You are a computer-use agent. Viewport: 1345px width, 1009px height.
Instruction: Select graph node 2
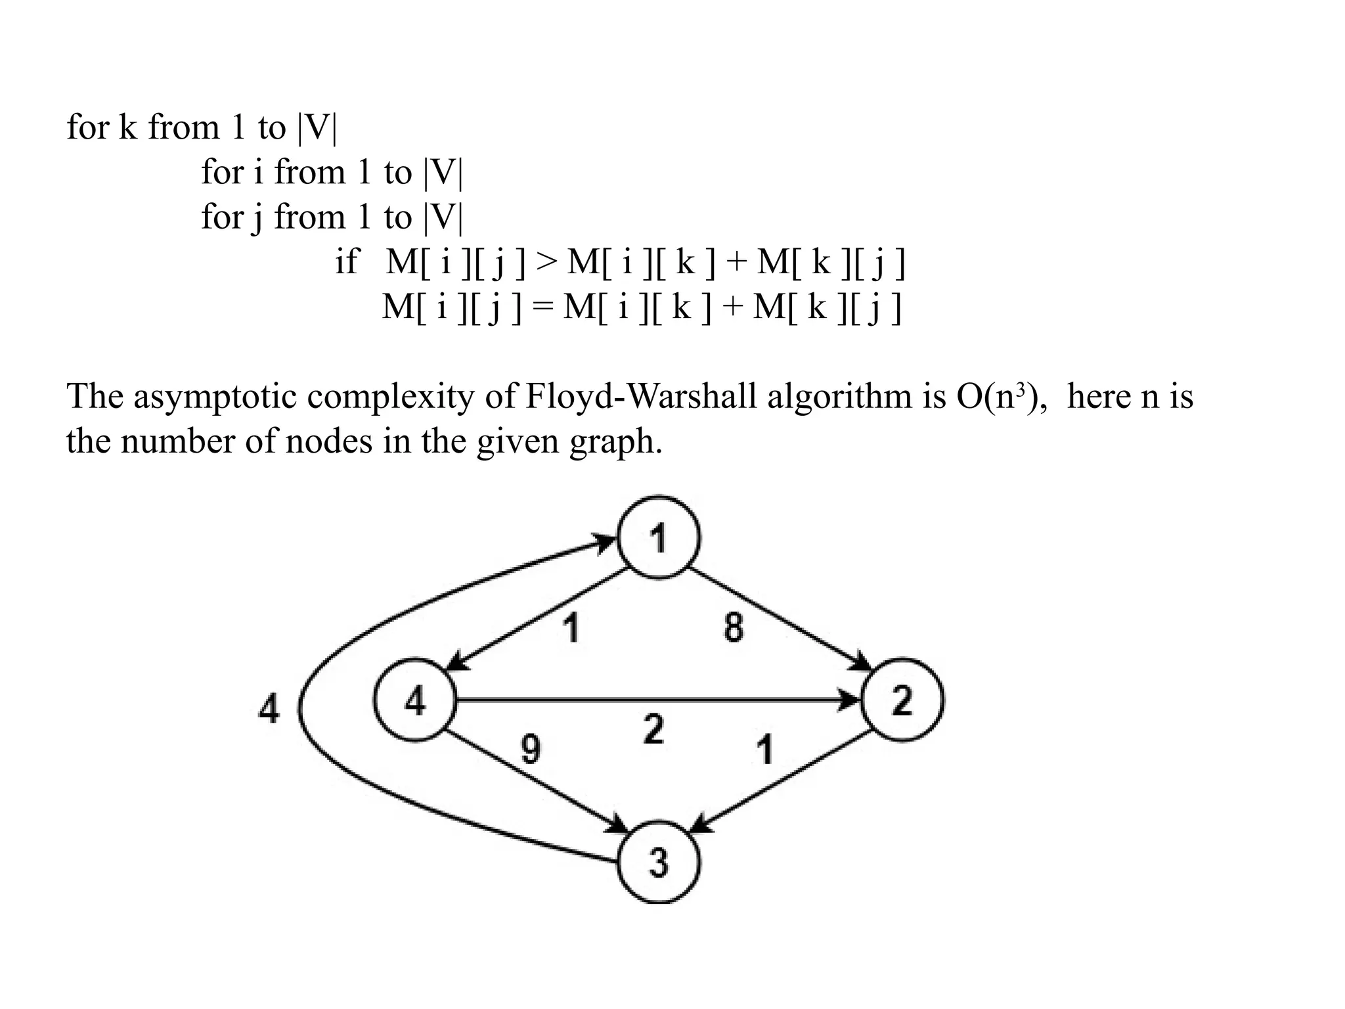[902, 700]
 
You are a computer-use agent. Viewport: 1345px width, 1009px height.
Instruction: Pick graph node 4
[416, 700]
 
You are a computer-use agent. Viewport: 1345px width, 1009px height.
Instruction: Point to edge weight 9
[531, 749]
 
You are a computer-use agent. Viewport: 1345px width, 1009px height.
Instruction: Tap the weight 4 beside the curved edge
[269, 709]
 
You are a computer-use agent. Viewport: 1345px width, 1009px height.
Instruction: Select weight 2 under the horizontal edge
[653, 729]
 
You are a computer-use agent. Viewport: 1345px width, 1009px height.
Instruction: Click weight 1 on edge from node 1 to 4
[573, 627]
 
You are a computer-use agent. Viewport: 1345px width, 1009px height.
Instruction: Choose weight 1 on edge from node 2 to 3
[765, 750]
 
